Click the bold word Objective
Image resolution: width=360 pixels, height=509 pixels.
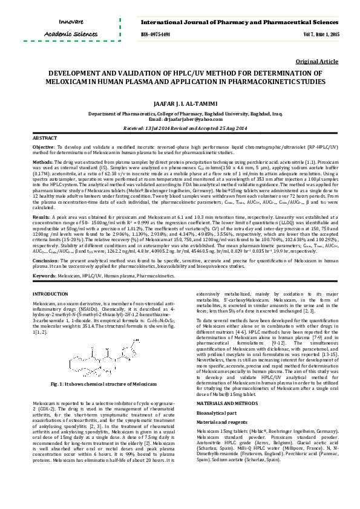click(42, 147)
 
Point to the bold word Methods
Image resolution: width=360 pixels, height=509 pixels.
click(42, 162)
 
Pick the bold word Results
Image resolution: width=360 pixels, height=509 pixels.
click(41, 216)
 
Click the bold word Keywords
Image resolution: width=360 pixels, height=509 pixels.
click(44, 275)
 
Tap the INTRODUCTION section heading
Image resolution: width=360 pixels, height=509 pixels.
click(50, 293)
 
